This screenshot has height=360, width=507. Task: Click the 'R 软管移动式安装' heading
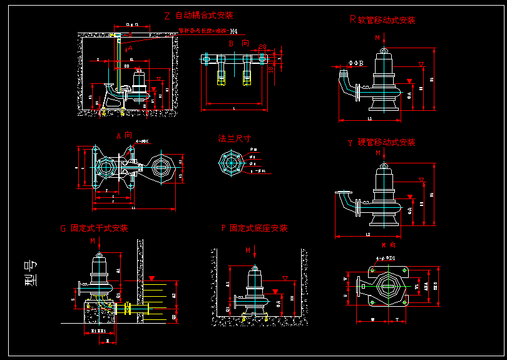(382, 20)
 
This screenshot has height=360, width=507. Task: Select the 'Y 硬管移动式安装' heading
(381, 143)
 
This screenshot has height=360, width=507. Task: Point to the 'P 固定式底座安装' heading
(254, 229)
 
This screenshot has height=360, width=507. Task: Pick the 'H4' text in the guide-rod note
(233, 31)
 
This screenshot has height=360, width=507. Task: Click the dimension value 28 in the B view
(262, 48)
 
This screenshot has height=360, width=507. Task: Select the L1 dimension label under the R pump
(369, 118)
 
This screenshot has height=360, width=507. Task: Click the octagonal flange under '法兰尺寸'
(230, 163)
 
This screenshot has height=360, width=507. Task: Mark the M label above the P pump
(248, 250)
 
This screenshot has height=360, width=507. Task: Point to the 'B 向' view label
(238, 43)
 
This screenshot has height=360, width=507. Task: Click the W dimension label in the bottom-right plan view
(373, 319)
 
